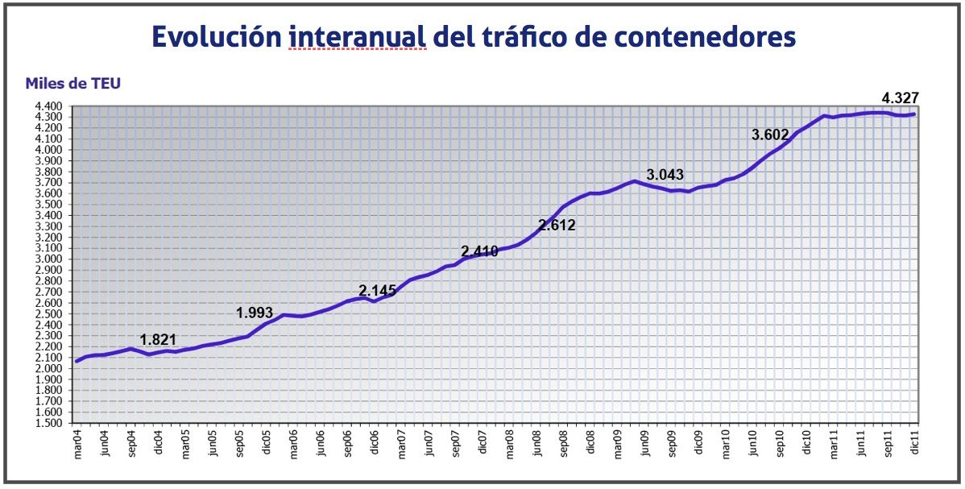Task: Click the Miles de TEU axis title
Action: coord(73,83)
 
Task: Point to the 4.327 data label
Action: coord(900,98)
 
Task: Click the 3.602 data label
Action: coord(770,135)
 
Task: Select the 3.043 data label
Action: coord(665,174)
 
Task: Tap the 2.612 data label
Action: coord(557,226)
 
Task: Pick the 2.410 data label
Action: coord(480,251)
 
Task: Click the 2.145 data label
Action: coord(378,290)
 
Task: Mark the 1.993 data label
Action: coord(255,313)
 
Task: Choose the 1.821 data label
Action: coord(158,340)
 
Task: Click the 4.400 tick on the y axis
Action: coord(49,106)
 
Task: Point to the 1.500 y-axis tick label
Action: coord(49,423)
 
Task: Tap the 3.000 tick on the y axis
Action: coord(49,259)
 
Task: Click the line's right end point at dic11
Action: coord(913,114)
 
